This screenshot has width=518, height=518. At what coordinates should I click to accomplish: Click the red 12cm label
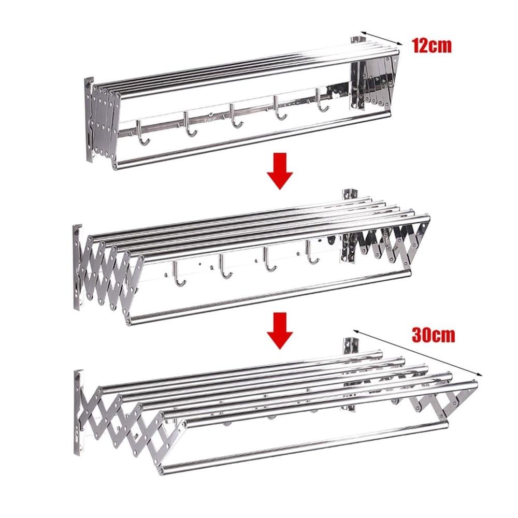coord(431,46)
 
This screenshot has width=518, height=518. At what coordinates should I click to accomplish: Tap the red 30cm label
coord(433,335)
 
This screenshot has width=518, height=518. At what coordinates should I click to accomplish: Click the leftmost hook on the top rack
coord(142,133)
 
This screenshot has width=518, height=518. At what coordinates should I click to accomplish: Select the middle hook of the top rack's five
coord(235,116)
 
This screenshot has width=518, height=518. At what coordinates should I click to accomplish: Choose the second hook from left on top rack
coord(189,124)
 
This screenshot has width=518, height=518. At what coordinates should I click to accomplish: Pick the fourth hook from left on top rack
coord(280,108)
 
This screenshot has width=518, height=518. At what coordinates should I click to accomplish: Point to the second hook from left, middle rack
coord(224,266)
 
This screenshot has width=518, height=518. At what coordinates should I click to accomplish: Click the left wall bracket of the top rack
coord(89,120)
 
